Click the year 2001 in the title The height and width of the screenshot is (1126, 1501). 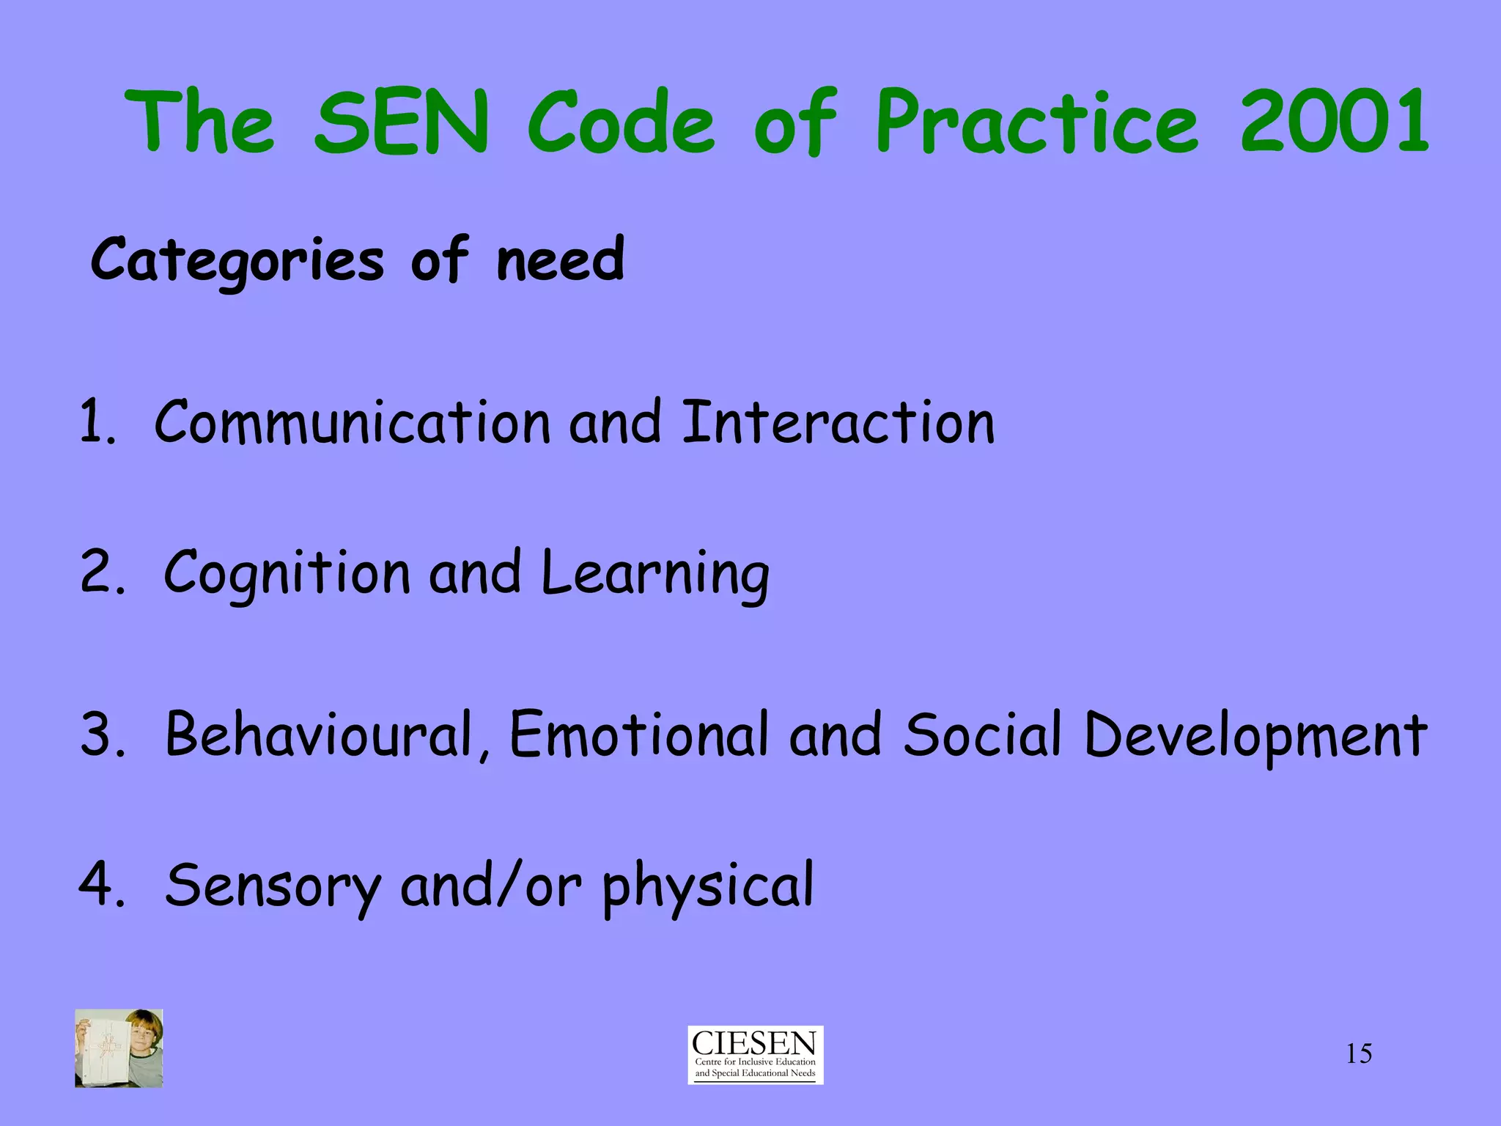tap(1334, 121)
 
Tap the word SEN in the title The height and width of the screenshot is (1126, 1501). tap(401, 121)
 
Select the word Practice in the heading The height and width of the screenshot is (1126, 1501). tap(1037, 121)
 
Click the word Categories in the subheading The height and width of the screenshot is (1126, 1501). tap(237, 260)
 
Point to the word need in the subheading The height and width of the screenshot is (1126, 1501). tap(561, 260)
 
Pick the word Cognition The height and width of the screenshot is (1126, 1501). tap(286, 573)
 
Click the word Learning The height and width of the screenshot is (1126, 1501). tap(655, 573)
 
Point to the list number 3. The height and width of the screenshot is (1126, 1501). tap(101, 735)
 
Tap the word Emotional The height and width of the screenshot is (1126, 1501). tap(639, 735)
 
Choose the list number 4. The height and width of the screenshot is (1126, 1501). tap(101, 884)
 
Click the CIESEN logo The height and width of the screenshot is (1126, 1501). tap(755, 1055)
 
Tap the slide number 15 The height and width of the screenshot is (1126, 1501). tap(1359, 1054)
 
